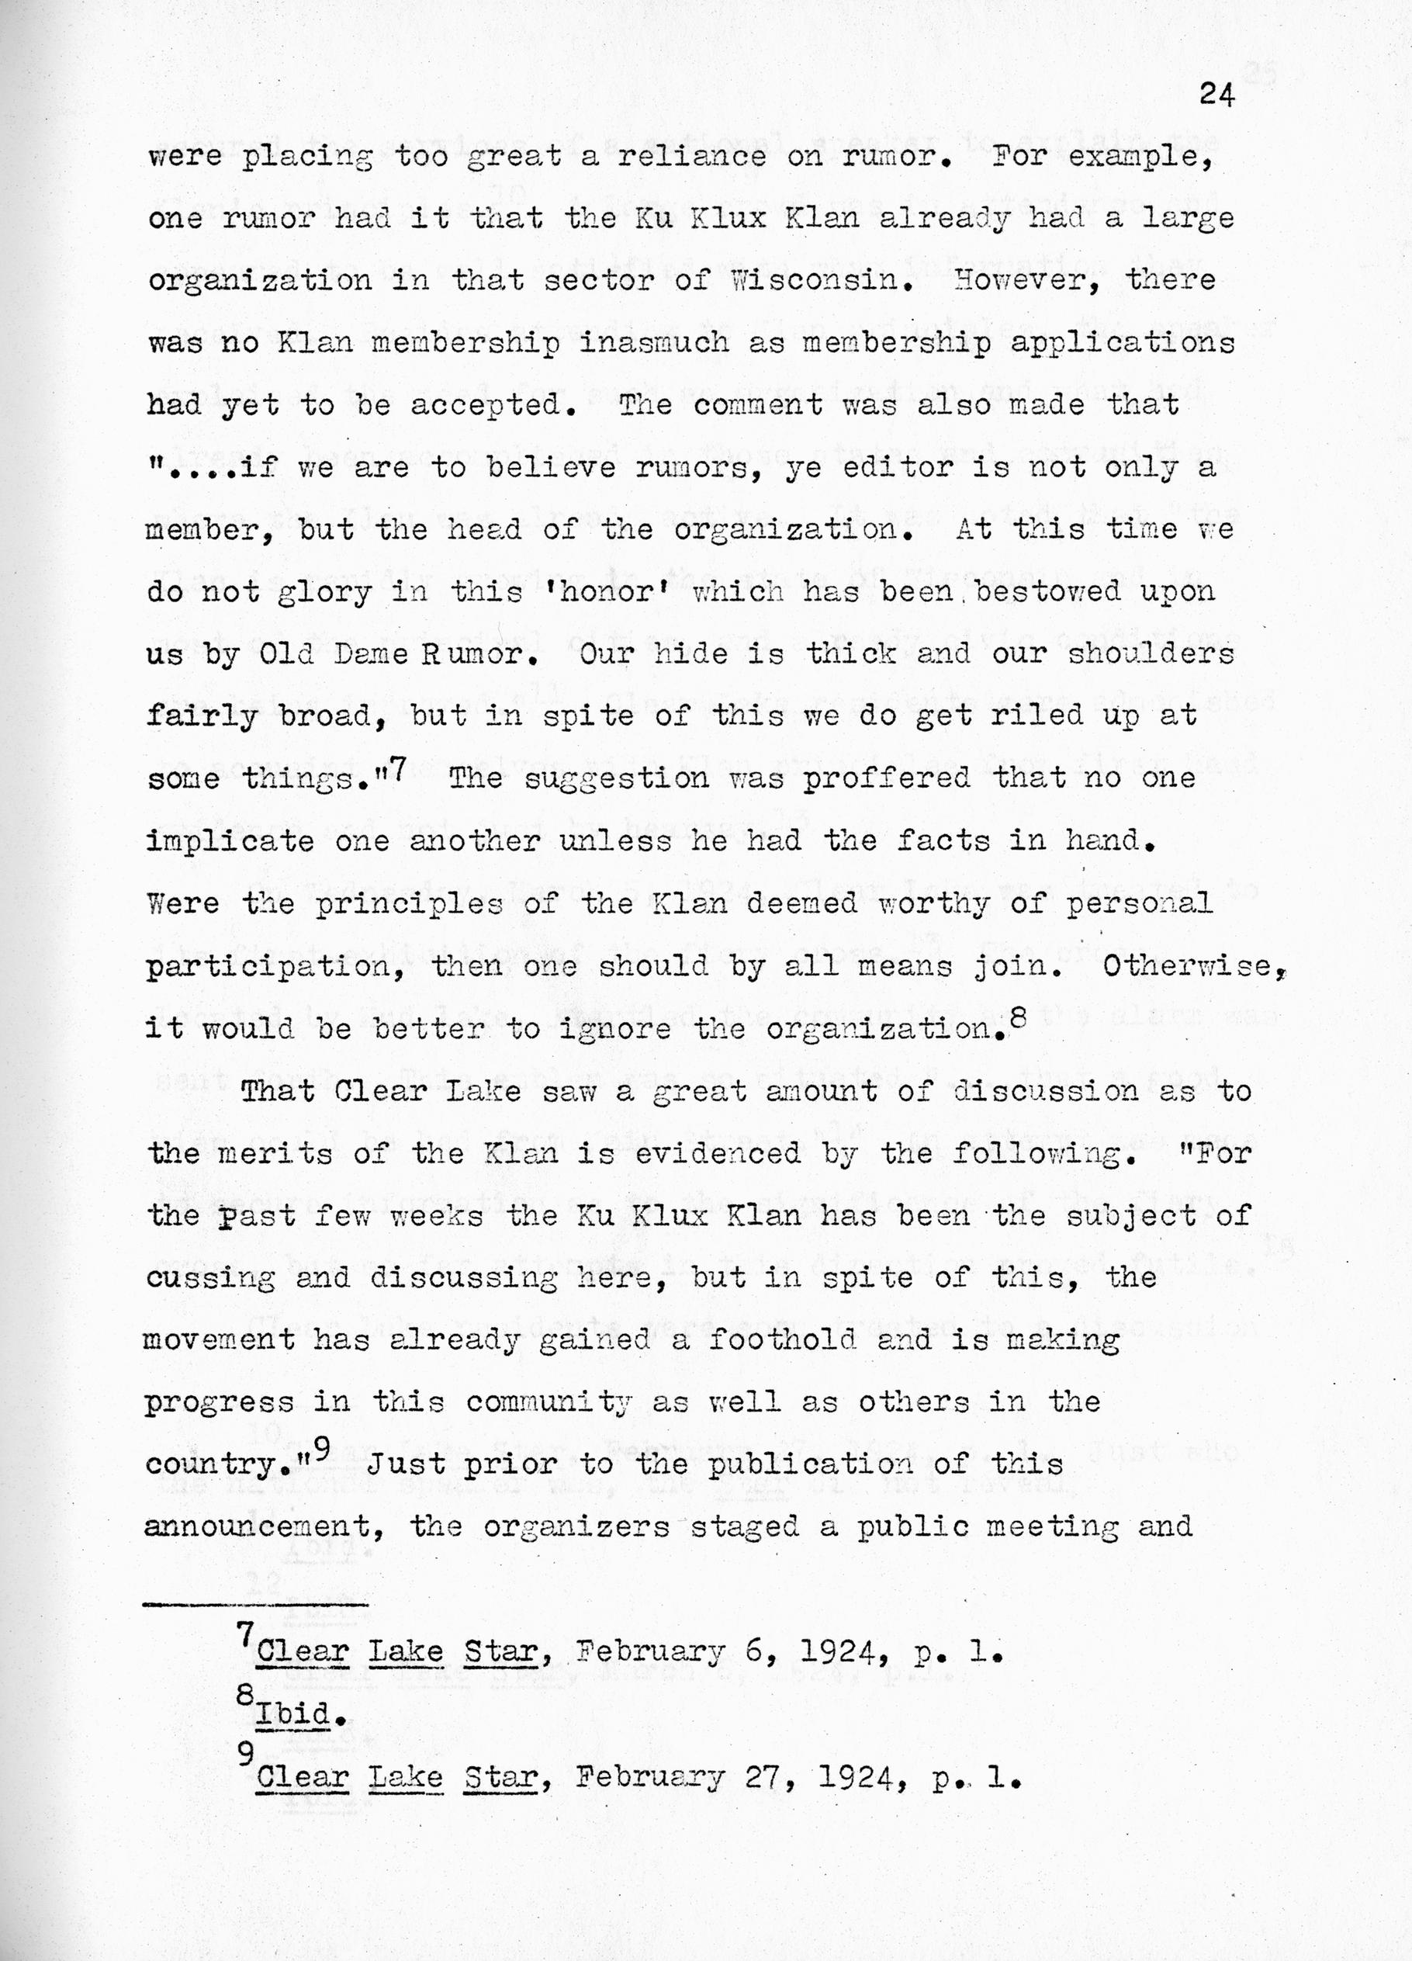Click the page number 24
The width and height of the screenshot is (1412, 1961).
click(1216, 95)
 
